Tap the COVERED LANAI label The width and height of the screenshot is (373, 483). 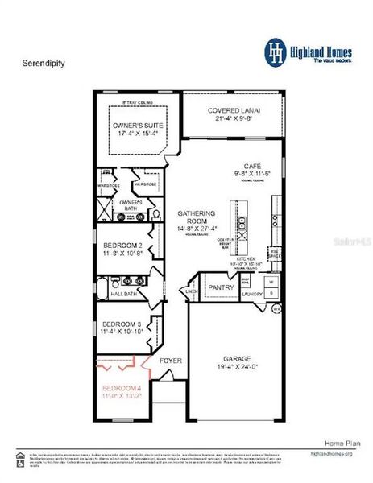point(234,110)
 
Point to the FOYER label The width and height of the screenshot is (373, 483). point(171,360)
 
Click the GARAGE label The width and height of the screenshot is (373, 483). point(234,360)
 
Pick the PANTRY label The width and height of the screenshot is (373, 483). point(221,287)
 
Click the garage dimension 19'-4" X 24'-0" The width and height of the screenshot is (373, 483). point(234,369)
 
